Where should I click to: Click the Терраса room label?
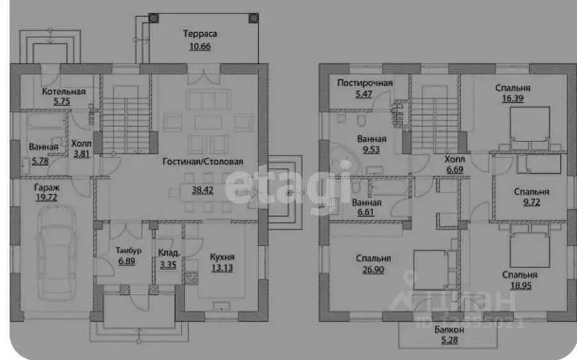coord(200,34)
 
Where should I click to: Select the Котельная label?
coord(63,91)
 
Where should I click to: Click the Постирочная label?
coord(365,83)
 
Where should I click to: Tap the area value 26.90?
coord(374,270)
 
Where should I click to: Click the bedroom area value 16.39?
coord(516,100)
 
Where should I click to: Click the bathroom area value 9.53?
coord(371,150)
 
